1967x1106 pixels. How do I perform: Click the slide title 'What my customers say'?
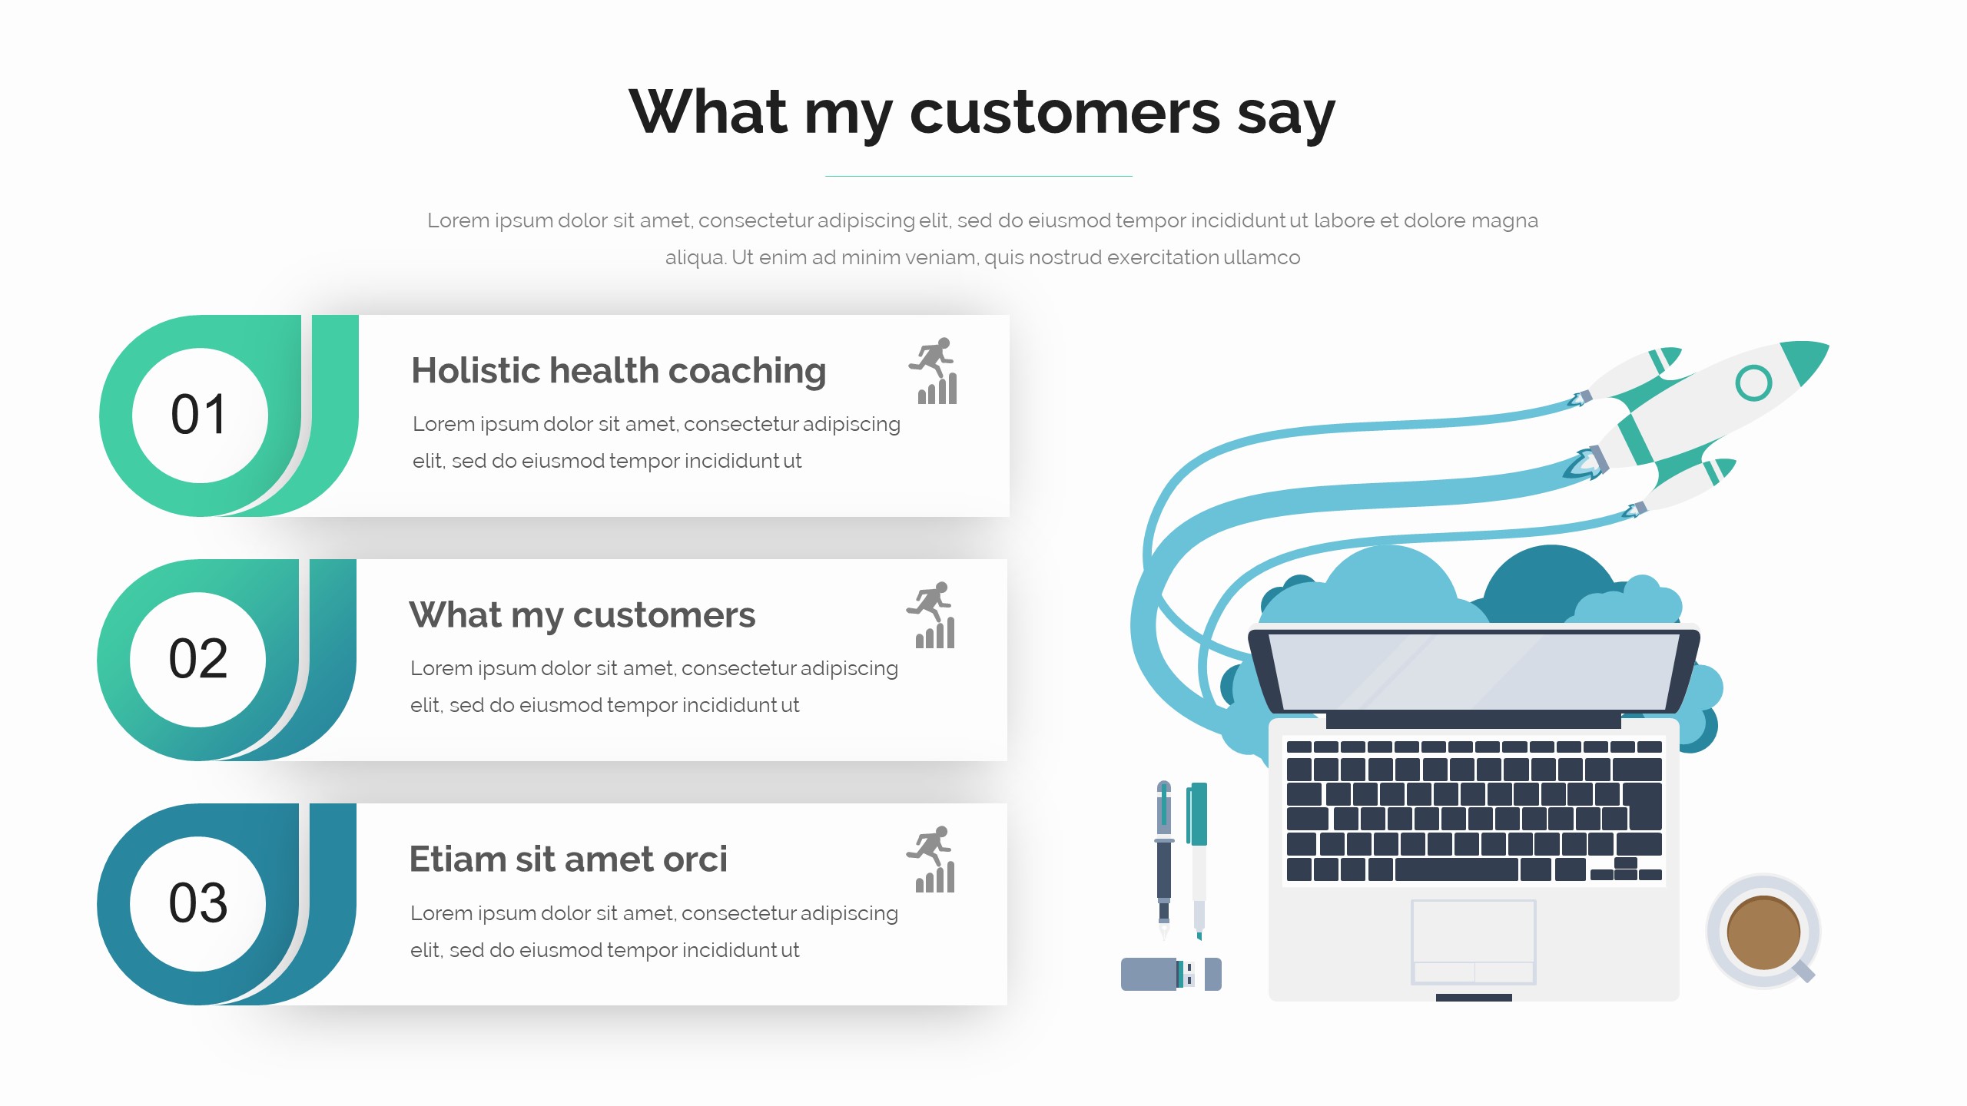[x=982, y=112]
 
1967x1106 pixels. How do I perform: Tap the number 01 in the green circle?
[x=199, y=415]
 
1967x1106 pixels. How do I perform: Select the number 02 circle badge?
[x=198, y=660]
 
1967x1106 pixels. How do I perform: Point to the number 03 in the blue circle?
[x=198, y=902]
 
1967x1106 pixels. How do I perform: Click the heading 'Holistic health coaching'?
[x=619, y=371]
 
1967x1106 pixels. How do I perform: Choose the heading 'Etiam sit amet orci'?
[x=568, y=859]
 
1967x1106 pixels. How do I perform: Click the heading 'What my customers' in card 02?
[x=582, y=615]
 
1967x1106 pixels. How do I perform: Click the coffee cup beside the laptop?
[x=1763, y=932]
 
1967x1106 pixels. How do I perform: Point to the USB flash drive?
[x=1171, y=974]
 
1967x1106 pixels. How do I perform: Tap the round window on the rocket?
[x=1753, y=382]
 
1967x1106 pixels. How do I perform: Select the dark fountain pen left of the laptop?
[x=1164, y=860]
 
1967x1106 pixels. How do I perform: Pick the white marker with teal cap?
[x=1197, y=861]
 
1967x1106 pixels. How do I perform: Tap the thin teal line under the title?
[x=979, y=176]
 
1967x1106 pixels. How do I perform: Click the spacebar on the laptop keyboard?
[x=1457, y=869]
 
